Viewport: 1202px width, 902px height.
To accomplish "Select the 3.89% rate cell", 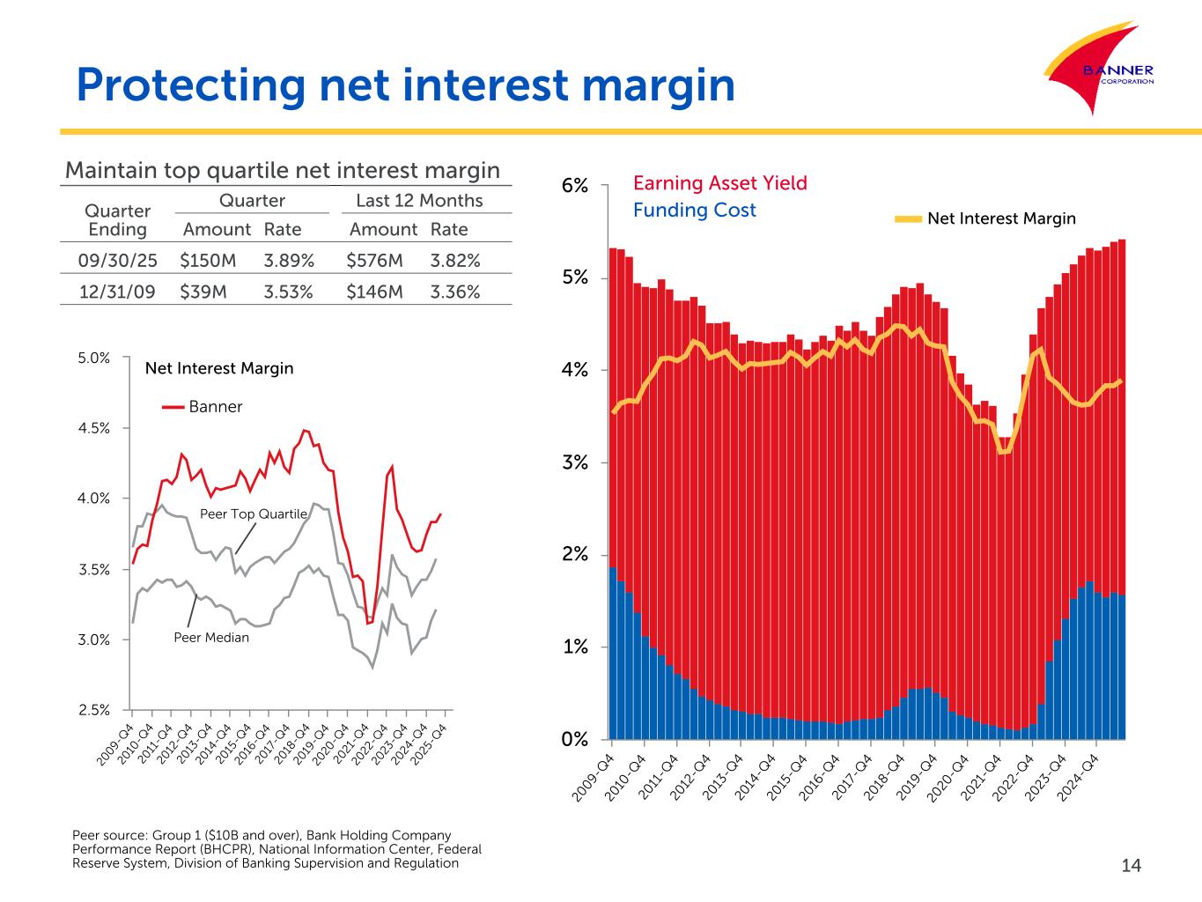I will [x=288, y=261].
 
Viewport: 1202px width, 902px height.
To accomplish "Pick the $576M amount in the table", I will [x=374, y=261].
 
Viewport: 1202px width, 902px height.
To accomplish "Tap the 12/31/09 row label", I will [x=117, y=292].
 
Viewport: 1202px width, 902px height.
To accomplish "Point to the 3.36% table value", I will [x=455, y=292].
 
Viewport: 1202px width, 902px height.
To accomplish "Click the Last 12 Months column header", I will [x=419, y=200].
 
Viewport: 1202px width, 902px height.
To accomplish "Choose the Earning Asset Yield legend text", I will [x=719, y=183].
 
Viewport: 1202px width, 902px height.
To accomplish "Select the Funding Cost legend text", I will [x=694, y=210].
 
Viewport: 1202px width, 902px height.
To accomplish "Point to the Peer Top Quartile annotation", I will [x=254, y=514].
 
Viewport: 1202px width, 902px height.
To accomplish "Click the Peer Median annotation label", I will [x=211, y=637].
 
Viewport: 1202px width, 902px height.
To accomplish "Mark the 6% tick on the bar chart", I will [x=575, y=186].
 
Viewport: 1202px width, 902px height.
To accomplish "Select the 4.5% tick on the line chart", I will [x=94, y=428].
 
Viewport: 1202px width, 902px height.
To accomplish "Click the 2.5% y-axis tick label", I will [x=94, y=709].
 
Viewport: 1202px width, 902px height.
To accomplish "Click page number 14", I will [x=1131, y=866].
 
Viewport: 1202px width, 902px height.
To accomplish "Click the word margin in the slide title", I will [x=646, y=85].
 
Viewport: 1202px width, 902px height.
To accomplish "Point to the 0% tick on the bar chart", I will [x=575, y=739].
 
